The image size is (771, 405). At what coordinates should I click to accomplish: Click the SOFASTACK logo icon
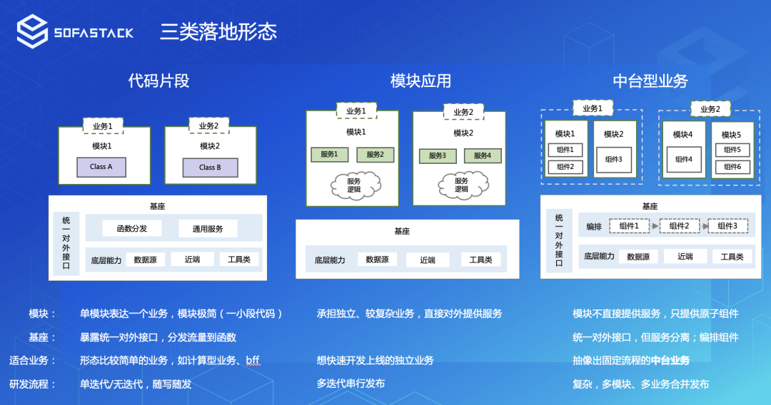32,32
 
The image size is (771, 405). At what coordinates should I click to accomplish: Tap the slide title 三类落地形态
218,32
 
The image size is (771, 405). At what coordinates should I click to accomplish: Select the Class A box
101,167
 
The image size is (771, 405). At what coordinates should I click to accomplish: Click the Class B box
210,168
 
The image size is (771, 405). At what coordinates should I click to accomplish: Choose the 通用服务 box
208,229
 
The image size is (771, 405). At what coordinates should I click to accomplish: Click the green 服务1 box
329,155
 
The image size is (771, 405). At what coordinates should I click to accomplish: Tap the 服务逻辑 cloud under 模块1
354,185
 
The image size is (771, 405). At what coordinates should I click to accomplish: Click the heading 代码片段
158,81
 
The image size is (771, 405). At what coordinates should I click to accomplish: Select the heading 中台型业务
650,81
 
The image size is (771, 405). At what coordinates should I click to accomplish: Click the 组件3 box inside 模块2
613,160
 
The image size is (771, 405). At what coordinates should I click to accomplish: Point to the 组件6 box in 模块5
732,167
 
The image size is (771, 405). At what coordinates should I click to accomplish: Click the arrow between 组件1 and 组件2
654,227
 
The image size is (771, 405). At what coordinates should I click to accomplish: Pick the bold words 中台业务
670,361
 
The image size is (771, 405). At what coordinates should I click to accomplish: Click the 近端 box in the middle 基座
428,260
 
